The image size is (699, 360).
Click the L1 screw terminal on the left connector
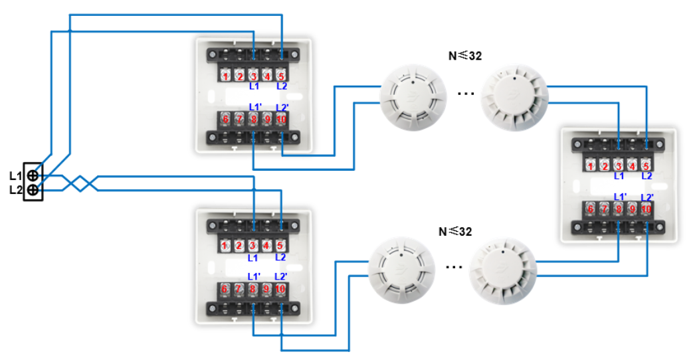pyautogui.click(x=32, y=176)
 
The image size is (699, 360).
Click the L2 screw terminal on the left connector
pyautogui.click(x=32, y=191)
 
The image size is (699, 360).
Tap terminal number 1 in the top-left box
pyautogui.click(x=225, y=76)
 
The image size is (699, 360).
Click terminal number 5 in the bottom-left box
pyautogui.click(x=280, y=246)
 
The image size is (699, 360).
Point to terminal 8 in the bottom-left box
pyautogui.click(x=252, y=289)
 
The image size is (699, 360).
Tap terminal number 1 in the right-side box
pyautogui.click(x=591, y=165)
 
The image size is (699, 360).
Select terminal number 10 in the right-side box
pyautogui.click(x=647, y=209)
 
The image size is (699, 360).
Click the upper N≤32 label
pyautogui.click(x=464, y=56)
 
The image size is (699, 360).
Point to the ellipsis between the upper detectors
pyautogui.click(x=466, y=94)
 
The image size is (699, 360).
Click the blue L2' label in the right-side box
pyautogui.click(x=647, y=197)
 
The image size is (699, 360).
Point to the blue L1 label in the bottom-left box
pyautogui.click(x=252, y=258)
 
